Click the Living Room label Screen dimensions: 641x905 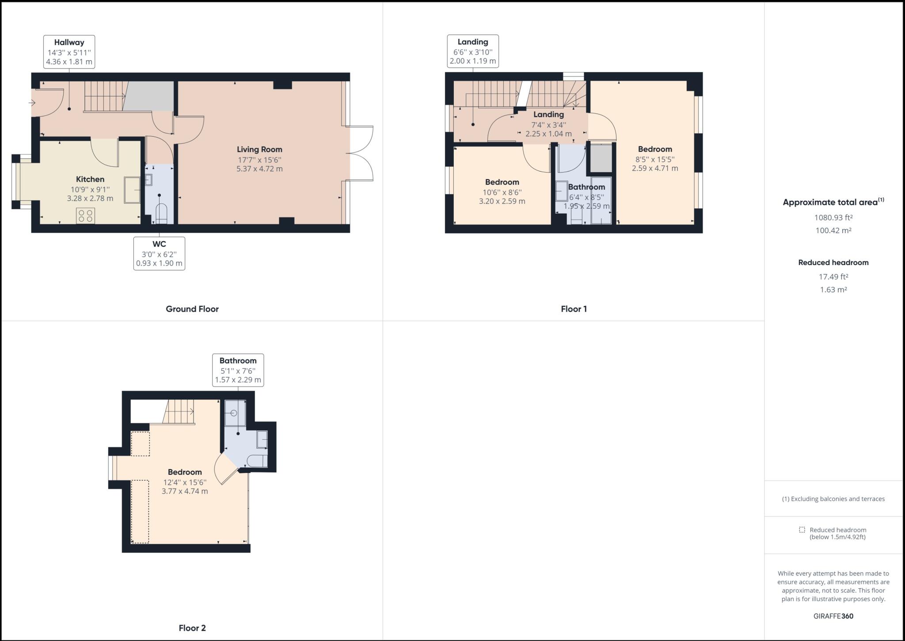[x=259, y=150]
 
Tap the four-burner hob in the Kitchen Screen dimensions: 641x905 [x=85, y=215]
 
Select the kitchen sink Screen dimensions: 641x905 [x=132, y=190]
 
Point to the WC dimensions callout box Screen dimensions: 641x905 [x=159, y=253]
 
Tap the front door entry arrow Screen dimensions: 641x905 [x=32, y=103]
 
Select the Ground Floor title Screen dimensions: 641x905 [x=192, y=309]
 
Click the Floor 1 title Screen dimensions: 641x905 [x=574, y=309]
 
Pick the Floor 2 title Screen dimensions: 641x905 [x=192, y=628]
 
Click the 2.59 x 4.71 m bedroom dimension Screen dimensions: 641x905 [x=654, y=169]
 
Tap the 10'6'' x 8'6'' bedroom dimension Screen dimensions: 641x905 [x=502, y=192]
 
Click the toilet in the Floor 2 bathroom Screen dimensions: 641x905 [x=257, y=461]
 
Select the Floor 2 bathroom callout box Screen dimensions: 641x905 [x=238, y=370]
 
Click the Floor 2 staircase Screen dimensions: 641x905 [x=179, y=411]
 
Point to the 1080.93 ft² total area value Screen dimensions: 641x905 [x=833, y=218]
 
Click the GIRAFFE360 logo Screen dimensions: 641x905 [x=833, y=616]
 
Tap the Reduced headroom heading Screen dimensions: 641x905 [x=833, y=262]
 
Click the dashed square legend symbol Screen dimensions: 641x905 [x=802, y=530]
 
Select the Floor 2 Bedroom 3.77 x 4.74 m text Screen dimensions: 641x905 [x=185, y=491]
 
